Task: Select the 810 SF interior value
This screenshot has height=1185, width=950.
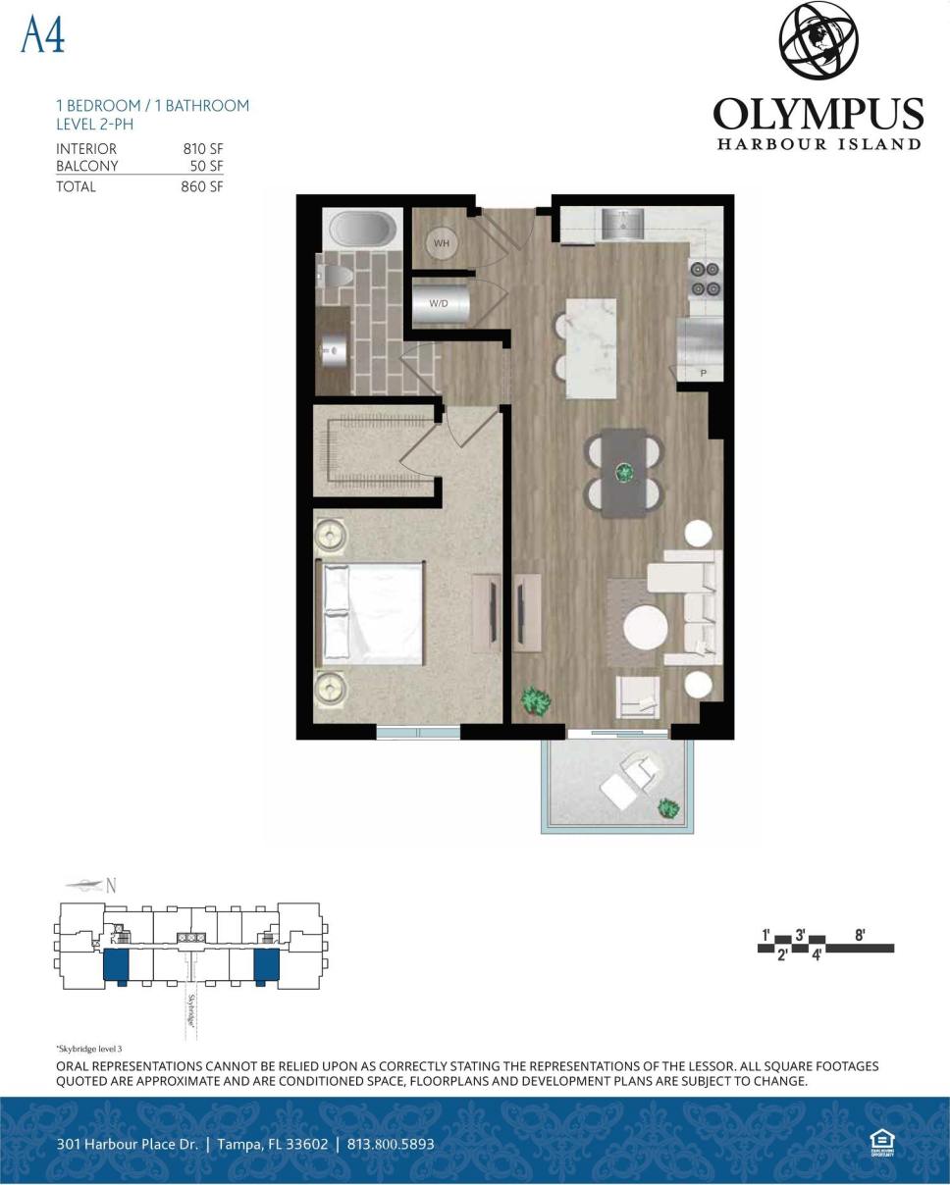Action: (202, 149)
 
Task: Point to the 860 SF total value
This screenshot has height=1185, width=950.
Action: (201, 186)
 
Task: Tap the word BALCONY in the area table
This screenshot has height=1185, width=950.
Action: (86, 167)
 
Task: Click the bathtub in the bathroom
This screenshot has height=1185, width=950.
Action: (361, 230)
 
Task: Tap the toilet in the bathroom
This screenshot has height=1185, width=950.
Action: (335, 279)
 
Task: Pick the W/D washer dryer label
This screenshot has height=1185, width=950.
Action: (438, 303)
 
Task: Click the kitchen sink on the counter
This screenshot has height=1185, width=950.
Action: (621, 226)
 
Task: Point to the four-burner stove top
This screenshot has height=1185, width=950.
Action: (705, 278)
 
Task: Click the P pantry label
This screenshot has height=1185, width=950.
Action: (703, 374)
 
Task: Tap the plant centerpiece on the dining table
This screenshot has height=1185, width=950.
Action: (624, 473)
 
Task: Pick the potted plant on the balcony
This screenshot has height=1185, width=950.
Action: (668, 808)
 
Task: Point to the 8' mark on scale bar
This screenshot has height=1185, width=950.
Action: (860, 935)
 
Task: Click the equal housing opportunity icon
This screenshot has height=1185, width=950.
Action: (880, 1142)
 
